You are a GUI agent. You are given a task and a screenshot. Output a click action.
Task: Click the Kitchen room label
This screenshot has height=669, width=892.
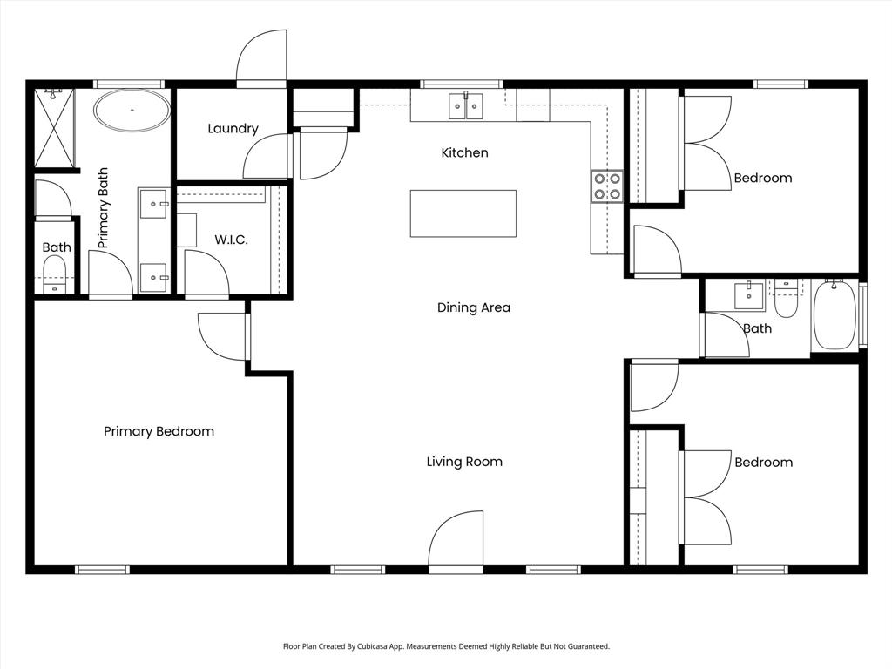coord(464,153)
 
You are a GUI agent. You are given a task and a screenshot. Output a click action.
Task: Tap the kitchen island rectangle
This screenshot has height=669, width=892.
coord(463,213)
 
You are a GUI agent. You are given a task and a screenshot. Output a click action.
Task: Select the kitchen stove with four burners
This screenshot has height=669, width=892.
coord(607,186)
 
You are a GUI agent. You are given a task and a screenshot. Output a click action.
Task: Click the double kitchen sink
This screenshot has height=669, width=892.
coord(466,105)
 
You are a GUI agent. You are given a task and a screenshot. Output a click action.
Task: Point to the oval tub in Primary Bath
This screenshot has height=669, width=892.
coord(132,111)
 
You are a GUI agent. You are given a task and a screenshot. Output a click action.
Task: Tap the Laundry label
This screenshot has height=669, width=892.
coord(233,129)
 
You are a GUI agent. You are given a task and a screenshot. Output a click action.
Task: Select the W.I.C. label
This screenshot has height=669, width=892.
coord(231,240)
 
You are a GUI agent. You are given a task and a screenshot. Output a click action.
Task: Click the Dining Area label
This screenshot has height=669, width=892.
coord(473,307)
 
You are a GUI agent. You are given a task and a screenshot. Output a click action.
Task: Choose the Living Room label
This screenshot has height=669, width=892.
coord(464,462)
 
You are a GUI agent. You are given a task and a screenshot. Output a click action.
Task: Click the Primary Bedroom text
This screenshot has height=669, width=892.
coord(159,431)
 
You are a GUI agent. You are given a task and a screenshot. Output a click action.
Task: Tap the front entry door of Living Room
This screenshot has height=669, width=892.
coord(456,542)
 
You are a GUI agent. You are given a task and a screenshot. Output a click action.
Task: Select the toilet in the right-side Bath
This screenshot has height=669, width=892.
coord(786,299)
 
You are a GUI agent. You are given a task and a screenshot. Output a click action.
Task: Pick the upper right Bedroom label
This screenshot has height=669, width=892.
coord(763,178)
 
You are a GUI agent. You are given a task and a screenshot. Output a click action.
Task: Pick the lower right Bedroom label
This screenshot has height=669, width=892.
coord(763,463)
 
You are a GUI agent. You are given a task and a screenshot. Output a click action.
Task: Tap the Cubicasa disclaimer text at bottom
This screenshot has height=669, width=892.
coord(446,646)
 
